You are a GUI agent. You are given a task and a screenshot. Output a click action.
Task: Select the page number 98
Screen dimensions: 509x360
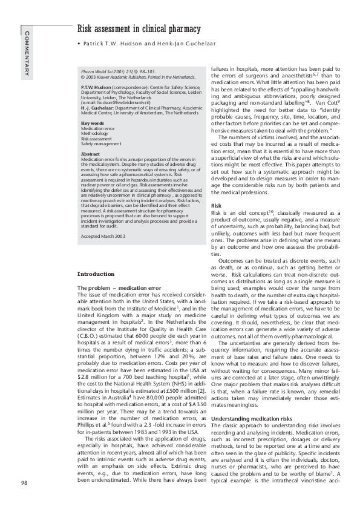pos(24,482)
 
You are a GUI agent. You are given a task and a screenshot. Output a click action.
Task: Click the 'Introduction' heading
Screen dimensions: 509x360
pos(97,274)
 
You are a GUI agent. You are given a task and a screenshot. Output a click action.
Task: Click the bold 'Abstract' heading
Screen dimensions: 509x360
pos(90,154)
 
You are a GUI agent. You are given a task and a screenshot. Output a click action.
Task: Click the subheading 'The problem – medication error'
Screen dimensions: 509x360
pos(119,287)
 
